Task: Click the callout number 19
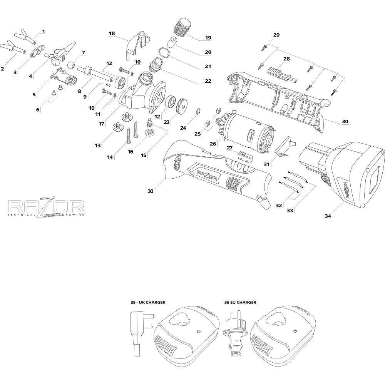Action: tap(208, 38)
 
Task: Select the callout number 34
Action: tap(328, 216)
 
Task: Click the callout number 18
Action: tap(112, 33)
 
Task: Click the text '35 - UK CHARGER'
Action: tap(148, 303)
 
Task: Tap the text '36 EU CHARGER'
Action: tap(240, 303)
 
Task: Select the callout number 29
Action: tap(276, 35)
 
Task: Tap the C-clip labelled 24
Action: tap(198, 112)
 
